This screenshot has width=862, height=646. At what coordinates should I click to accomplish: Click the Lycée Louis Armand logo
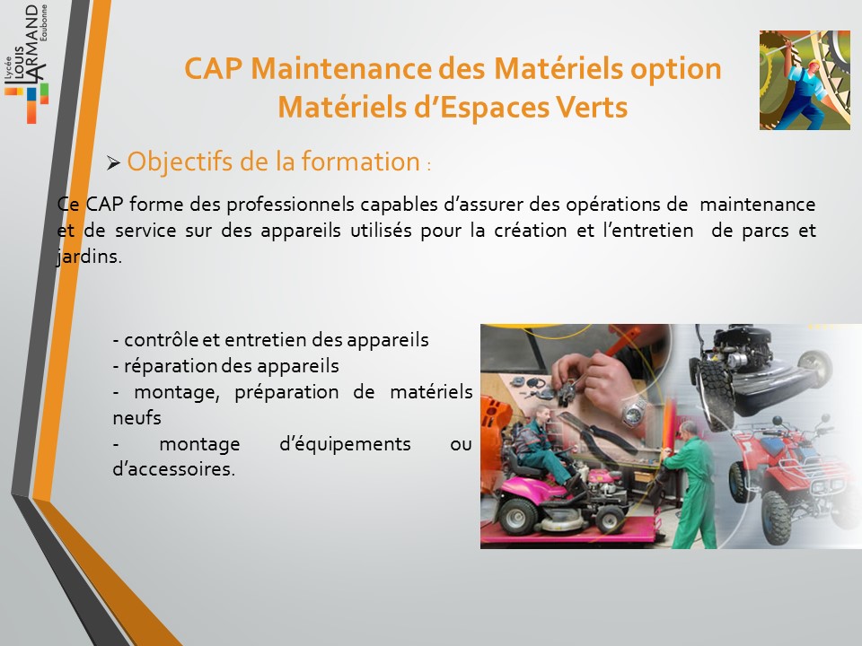pyautogui.click(x=26, y=63)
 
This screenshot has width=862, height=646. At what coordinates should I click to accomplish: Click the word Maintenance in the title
pyautogui.click(x=341, y=69)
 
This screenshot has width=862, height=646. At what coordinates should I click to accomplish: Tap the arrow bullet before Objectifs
pyautogui.click(x=114, y=162)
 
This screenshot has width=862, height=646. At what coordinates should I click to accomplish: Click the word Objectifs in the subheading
pyautogui.click(x=180, y=162)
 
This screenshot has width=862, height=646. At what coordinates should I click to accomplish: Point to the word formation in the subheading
pyautogui.click(x=361, y=161)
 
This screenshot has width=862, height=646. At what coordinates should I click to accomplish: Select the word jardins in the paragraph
pyautogui.click(x=89, y=257)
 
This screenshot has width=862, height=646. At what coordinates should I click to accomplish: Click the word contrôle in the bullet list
pyautogui.click(x=161, y=340)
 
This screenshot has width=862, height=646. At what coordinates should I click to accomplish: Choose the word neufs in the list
pyautogui.click(x=136, y=418)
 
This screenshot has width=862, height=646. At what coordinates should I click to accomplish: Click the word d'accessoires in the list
pyautogui.click(x=173, y=469)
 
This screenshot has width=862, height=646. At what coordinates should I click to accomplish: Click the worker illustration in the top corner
pyautogui.click(x=805, y=80)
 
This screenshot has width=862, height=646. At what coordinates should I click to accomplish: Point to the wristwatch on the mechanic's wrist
pyautogui.click(x=635, y=412)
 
